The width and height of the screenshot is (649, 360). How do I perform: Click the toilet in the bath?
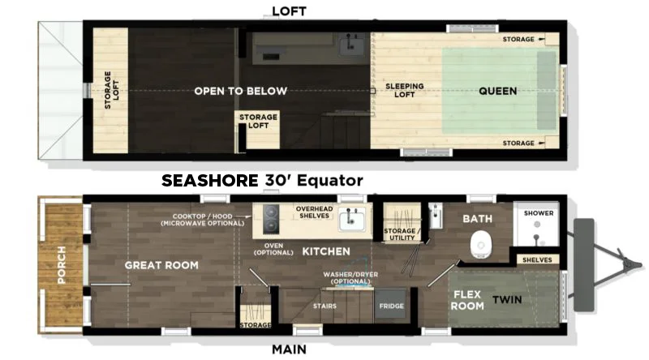(x=481, y=245)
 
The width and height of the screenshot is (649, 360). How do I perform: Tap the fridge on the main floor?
(x=391, y=306)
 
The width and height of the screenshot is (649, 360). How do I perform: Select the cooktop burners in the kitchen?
(x=271, y=219)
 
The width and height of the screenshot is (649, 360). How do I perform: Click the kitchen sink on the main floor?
(x=352, y=219)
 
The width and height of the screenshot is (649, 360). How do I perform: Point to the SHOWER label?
(x=539, y=213)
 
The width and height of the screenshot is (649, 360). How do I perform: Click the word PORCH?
(x=62, y=265)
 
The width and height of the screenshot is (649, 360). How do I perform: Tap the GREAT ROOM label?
(x=161, y=265)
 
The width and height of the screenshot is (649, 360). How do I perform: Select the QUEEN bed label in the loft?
(x=497, y=91)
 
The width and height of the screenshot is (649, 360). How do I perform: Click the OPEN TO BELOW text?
(x=240, y=91)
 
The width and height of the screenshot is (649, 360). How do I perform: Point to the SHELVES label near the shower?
(x=537, y=259)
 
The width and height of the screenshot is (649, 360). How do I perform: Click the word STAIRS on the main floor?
(x=324, y=306)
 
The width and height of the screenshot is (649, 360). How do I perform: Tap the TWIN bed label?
(x=507, y=299)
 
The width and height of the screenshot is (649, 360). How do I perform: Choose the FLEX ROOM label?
(x=467, y=300)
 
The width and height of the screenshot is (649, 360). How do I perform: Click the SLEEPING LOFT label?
(x=404, y=90)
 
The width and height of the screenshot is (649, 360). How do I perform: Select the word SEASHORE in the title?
(x=210, y=181)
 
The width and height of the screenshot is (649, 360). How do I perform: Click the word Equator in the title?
(x=330, y=181)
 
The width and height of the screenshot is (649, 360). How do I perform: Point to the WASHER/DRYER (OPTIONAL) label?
(x=350, y=277)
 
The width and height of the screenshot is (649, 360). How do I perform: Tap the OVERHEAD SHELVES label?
(x=314, y=212)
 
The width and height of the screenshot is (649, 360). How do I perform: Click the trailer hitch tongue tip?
(x=640, y=264)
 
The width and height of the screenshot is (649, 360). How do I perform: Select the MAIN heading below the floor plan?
(x=289, y=349)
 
